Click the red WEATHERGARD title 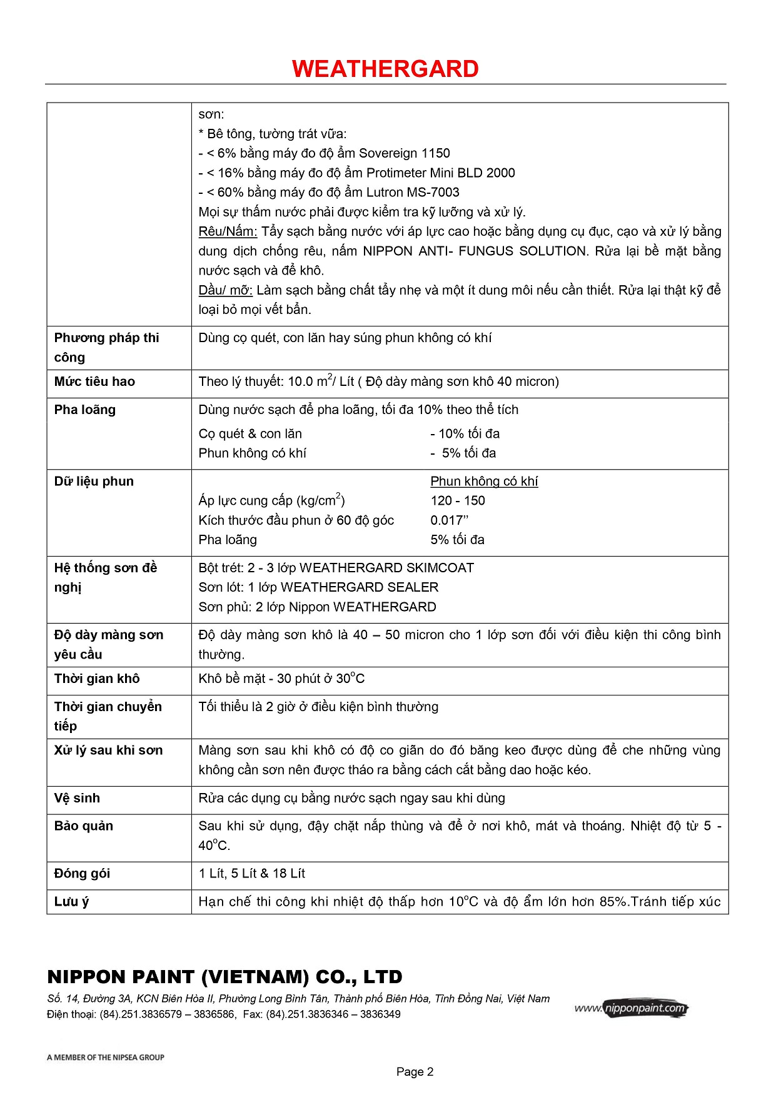(x=385, y=69)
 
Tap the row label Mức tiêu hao (x=94, y=382)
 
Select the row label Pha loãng (x=85, y=410)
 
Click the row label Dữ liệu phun (x=94, y=481)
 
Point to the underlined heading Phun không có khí (x=484, y=481)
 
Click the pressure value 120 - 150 (x=458, y=500)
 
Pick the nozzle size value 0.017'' (x=450, y=520)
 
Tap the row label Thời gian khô (x=97, y=679)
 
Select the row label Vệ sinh (x=77, y=798)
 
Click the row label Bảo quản (x=84, y=826)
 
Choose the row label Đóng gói (x=82, y=874)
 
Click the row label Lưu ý (x=71, y=902)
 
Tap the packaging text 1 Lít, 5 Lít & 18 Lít (x=252, y=874)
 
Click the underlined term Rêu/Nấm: (x=228, y=231)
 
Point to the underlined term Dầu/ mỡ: (x=225, y=290)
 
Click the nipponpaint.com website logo (x=632, y=1008)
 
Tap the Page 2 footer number (x=415, y=1071)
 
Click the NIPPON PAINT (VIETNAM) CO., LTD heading (x=224, y=977)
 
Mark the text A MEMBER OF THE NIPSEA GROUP (x=105, y=1057)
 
